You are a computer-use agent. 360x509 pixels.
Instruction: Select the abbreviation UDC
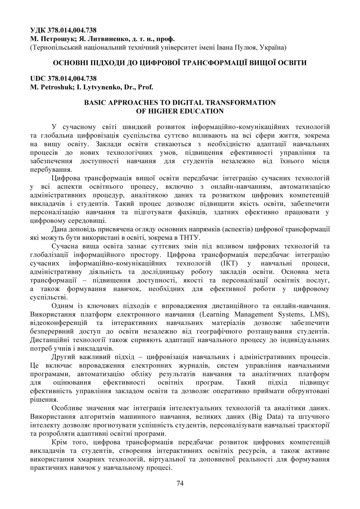point(39,78)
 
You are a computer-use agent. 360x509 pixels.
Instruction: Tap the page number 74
point(180,483)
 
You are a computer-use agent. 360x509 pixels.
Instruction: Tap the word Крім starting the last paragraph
point(61,443)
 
